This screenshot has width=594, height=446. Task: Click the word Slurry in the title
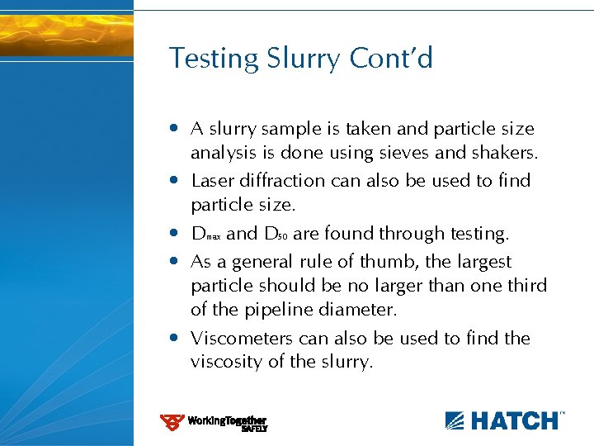(304, 59)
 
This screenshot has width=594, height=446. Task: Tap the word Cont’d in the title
(391, 58)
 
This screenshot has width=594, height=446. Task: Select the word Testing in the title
(214, 59)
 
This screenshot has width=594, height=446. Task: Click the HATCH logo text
(513, 420)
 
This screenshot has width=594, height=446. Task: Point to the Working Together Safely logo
(214, 423)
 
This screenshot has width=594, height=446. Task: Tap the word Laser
(212, 180)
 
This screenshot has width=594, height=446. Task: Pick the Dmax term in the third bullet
(205, 235)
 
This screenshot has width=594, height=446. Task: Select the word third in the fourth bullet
(526, 286)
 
